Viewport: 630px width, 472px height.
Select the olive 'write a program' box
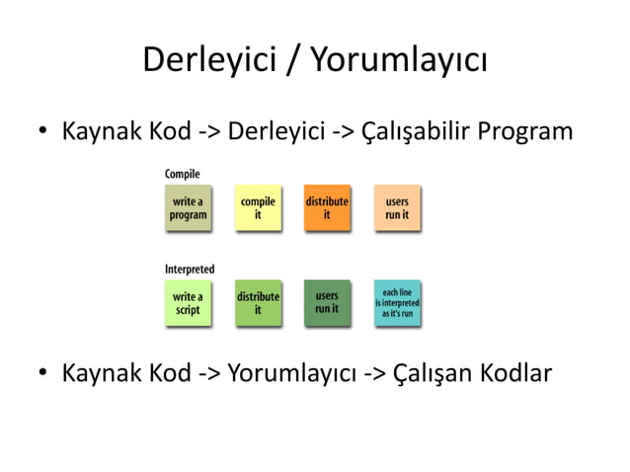tap(188, 208)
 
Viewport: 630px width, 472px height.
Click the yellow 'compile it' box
tap(258, 208)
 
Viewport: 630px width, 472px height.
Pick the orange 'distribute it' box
tap(327, 208)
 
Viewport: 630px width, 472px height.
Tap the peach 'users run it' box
tap(397, 208)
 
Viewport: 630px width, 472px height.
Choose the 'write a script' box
tap(188, 303)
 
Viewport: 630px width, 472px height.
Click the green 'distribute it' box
tap(258, 303)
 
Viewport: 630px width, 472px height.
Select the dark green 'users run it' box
tap(327, 302)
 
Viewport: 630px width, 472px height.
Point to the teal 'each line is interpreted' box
tap(397, 302)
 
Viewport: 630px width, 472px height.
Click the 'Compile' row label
tap(182, 174)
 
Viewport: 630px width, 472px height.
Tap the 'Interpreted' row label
tap(189, 269)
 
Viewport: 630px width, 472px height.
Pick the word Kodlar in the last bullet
tap(515, 374)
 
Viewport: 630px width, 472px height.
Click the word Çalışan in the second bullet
tap(432, 374)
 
